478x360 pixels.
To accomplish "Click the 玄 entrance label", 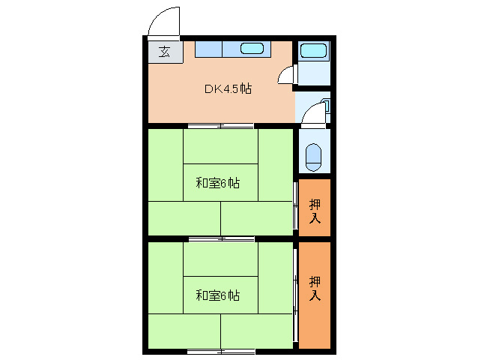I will (x=163, y=52).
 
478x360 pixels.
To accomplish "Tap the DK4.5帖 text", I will (x=229, y=88).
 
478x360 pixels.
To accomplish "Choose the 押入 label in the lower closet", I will (x=315, y=289).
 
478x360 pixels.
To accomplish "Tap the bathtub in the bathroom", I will (x=313, y=52).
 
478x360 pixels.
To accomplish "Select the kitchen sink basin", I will (x=252, y=49).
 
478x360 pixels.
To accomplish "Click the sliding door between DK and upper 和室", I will (x=220, y=125).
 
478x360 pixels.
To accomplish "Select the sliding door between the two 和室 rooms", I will (x=220, y=238).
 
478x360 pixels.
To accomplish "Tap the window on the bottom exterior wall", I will (x=220, y=350).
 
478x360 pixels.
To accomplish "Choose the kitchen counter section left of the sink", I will (x=209, y=49).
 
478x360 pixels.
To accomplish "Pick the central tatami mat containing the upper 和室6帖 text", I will (x=220, y=182).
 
